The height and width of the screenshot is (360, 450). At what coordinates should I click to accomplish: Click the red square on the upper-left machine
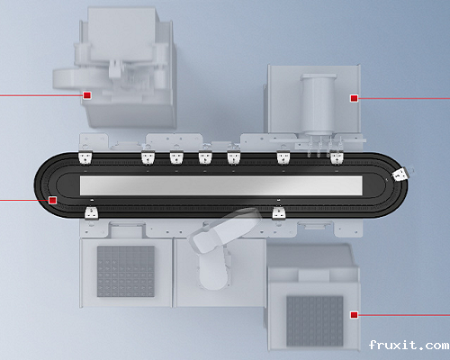pyautogui.click(x=87, y=95)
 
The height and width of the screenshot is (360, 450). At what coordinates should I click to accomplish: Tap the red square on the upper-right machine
pyautogui.click(x=354, y=98)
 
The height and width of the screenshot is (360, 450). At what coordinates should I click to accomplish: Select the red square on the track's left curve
pyautogui.click(x=52, y=200)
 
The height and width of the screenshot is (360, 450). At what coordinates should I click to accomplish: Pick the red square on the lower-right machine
pyautogui.click(x=354, y=315)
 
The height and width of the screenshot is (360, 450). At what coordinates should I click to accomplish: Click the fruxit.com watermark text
pyautogui.click(x=409, y=345)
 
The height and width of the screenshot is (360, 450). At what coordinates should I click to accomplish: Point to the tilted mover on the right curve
pyautogui.click(x=400, y=175)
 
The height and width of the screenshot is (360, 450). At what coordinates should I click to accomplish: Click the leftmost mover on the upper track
pyautogui.click(x=85, y=157)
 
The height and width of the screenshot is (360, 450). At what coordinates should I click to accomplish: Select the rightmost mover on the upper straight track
pyautogui.click(x=337, y=157)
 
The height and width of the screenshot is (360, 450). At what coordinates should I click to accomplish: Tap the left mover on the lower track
pyautogui.click(x=92, y=212)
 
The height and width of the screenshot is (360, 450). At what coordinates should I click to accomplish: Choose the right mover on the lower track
pyautogui.click(x=279, y=213)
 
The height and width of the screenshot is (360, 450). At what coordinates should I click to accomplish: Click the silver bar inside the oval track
pyautogui.click(x=221, y=185)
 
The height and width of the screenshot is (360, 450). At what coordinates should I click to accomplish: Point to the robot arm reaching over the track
pyautogui.click(x=223, y=232)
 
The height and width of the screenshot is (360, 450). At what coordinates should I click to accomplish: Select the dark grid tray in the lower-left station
pyautogui.click(x=126, y=272)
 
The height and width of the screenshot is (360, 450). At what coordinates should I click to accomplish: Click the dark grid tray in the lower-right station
pyautogui.click(x=315, y=321)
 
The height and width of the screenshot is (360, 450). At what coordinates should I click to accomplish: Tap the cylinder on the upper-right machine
pyautogui.click(x=319, y=104)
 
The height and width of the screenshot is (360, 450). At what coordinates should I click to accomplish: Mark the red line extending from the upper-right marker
pyautogui.click(x=404, y=98)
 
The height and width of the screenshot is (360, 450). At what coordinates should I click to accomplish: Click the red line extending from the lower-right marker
pyautogui.click(x=404, y=315)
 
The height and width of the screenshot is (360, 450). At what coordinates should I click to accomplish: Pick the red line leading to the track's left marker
pyautogui.click(x=24, y=200)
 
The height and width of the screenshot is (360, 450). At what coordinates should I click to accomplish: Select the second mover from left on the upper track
pyautogui.click(x=148, y=157)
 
